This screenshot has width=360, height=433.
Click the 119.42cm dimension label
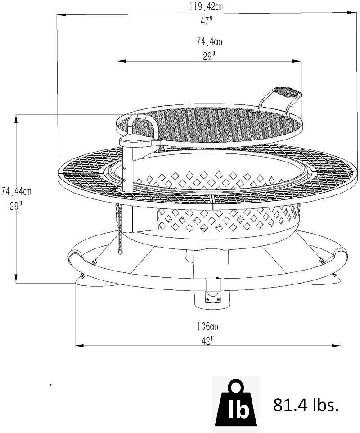206,7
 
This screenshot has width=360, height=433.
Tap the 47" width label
206,21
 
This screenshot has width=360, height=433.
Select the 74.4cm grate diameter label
209,41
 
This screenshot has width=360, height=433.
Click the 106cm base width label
207,326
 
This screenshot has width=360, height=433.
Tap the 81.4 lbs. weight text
306,405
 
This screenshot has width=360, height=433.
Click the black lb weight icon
236,405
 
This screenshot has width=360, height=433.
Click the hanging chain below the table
118,229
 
